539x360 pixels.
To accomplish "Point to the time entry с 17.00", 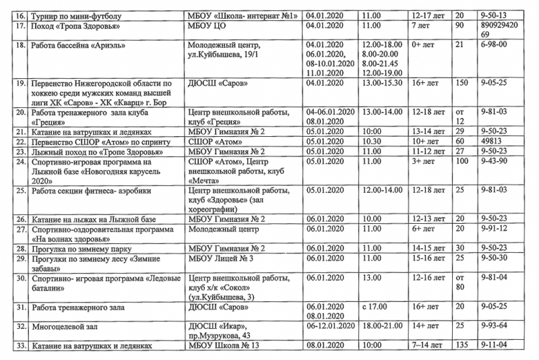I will click(376, 307).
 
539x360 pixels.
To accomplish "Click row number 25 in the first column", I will click(20, 191).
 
